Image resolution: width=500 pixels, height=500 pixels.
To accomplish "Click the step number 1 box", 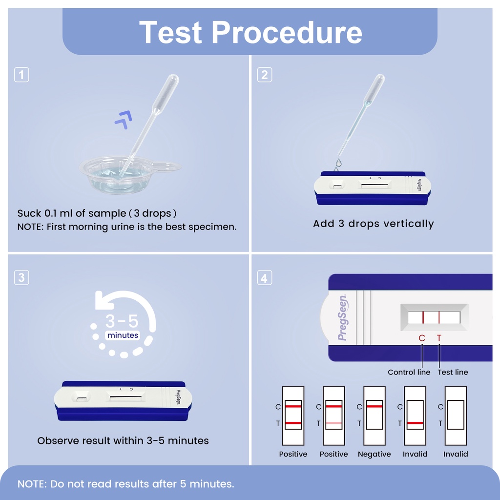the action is pyautogui.click(x=21, y=75).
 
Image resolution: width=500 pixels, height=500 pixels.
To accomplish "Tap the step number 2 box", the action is pyautogui.click(x=264, y=75).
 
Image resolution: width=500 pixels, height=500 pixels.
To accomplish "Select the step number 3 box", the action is pyautogui.click(x=21, y=277).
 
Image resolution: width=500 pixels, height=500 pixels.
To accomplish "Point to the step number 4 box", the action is pyautogui.click(x=264, y=278).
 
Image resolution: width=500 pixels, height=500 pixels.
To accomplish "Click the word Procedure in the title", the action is pyautogui.click(x=287, y=32).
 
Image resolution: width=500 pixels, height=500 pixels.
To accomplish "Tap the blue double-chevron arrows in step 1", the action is pyautogui.click(x=123, y=119).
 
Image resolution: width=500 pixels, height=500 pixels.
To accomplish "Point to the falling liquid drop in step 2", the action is pyautogui.click(x=338, y=163).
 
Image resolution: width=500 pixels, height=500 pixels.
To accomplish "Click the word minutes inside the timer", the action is pyautogui.click(x=123, y=335).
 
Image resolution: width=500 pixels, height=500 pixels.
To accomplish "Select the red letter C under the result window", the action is pyautogui.click(x=422, y=338).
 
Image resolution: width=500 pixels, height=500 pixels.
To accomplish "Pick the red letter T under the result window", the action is pyautogui.click(x=439, y=338).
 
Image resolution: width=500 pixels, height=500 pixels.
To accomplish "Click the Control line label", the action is pyautogui.click(x=409, y=372).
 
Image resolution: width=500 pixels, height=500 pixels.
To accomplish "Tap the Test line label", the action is pyautogui.click(x=453, y=372).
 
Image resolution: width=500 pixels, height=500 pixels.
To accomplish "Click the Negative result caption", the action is pyautogui.click(x=374, y=454).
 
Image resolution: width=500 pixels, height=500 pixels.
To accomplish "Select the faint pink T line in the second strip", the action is pyautogui.click(x=334, y=423).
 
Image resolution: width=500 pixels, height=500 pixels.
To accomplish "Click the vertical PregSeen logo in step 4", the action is pyautogui.click(x=343, y=318).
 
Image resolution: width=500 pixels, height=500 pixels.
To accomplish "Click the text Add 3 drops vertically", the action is pyautogui.click(x=373, y=224).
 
